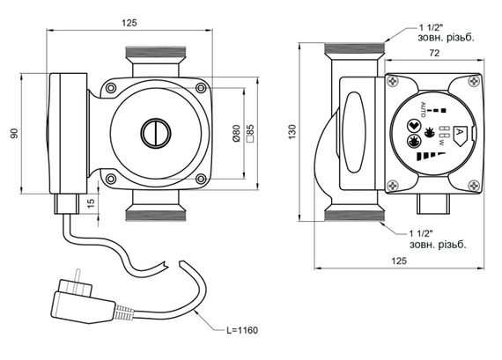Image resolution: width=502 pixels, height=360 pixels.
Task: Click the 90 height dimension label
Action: coord(14,133)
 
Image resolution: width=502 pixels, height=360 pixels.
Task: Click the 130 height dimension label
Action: coord(292,132)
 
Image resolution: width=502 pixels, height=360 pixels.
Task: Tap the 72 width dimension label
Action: coord(434,53)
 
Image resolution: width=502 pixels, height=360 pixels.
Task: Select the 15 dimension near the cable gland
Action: coord(92,202)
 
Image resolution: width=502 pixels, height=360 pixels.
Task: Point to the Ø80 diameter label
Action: coord(236,133)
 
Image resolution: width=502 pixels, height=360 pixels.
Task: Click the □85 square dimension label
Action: coord(250,133)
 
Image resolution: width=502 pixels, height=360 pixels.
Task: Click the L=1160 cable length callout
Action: coord(242,330)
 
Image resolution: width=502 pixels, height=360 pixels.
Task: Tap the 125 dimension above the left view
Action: coord(129,23)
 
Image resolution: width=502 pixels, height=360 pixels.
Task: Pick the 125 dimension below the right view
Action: coord(399,261)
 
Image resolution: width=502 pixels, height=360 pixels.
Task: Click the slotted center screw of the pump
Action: coord(156,134)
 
